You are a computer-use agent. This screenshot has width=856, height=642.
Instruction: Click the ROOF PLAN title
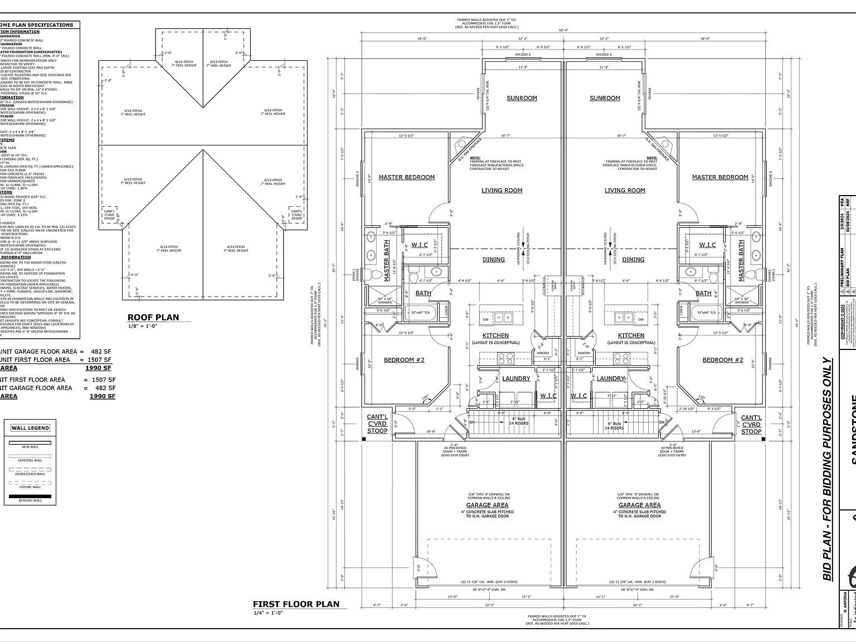pos(153,318)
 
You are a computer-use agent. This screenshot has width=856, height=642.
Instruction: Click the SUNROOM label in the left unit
pos(522,98)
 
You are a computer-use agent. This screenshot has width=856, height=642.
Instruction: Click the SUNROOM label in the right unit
pos(605,98)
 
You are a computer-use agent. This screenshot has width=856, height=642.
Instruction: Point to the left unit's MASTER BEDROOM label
pos(406,177)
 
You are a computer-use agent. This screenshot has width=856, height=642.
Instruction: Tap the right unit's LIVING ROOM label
pos(625,191)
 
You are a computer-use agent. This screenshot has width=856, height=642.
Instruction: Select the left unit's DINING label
pos(494,260)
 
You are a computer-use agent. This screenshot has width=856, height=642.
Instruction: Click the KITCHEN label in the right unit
pos(631,335)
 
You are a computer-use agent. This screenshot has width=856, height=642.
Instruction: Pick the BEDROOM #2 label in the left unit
pos(404,360)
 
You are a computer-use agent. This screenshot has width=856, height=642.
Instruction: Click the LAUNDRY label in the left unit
pos(516,379)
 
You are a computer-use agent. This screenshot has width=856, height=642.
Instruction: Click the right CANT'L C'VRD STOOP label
pos(751,424)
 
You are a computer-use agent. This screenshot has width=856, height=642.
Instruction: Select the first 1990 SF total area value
pos(98,368)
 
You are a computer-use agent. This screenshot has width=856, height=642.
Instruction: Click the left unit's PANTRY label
pos(543,353)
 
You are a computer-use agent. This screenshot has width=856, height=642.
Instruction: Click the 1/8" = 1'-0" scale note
pos(142,326)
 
